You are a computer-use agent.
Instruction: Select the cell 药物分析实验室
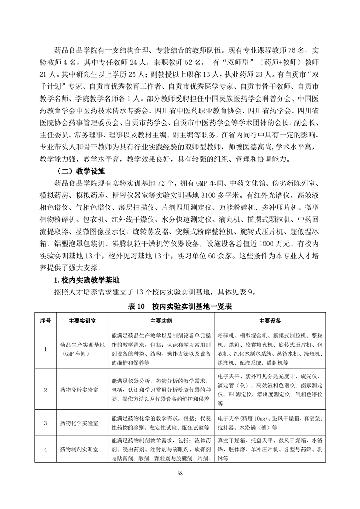point(79,390)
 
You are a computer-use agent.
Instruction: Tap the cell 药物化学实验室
point(79,423)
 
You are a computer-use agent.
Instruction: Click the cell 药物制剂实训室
point(79,450)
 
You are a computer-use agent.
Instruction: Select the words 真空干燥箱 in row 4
point(232,440)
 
